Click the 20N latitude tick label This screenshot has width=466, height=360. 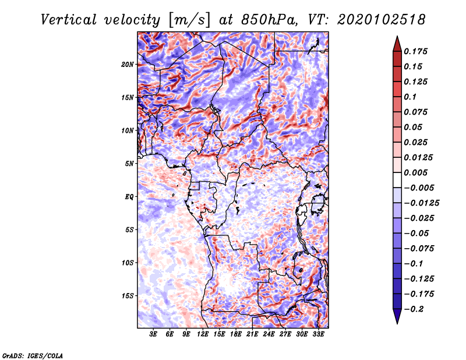tap(128, 64)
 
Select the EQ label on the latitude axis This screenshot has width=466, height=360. tap(129, 197)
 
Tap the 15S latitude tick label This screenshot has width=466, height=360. tap(128, 296)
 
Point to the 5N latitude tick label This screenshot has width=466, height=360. tap(129, 164)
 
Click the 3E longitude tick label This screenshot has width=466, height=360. tap(154, 334)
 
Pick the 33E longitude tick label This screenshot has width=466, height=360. tap(318, 334)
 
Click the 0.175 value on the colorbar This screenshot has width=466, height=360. tap(416, 51)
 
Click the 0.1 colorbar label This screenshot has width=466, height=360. tap(411, 97)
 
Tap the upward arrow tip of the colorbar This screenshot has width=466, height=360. tap(397, 38)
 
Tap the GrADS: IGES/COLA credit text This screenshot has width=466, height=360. tap(32, 354)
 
